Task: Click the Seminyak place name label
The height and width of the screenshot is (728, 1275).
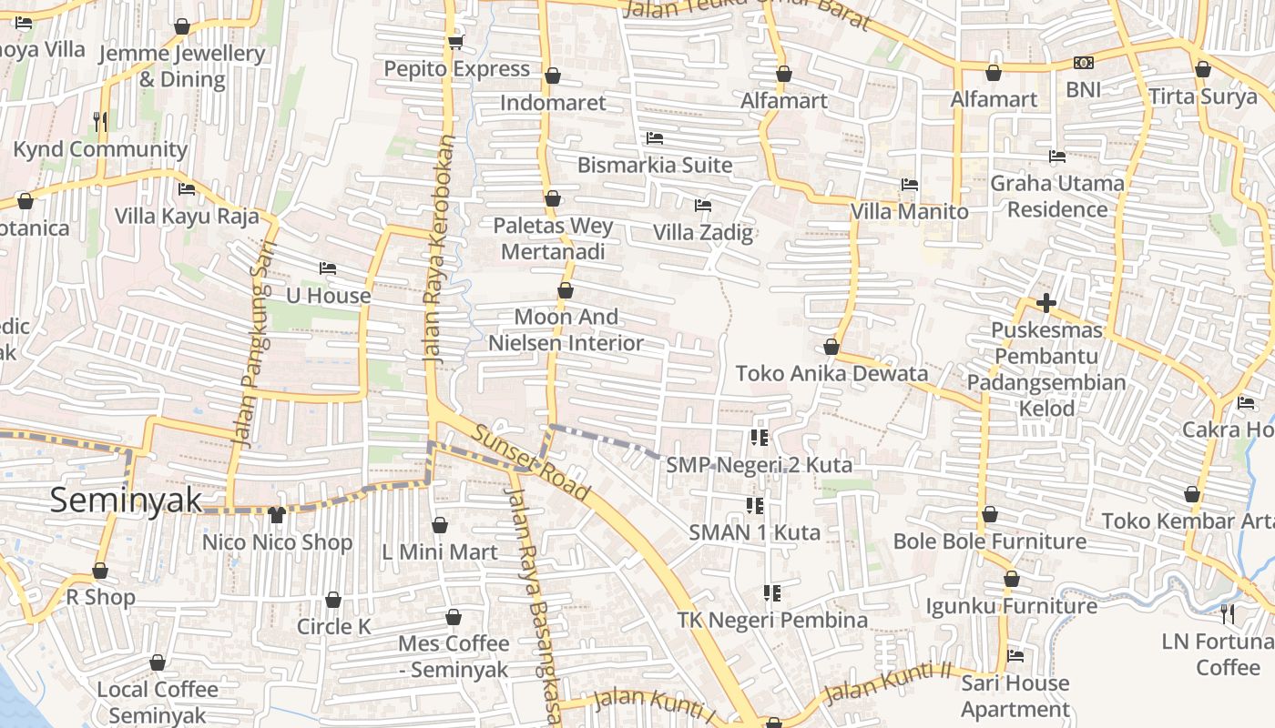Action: point(126,500)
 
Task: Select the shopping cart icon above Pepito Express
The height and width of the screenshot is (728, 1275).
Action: point(455,42)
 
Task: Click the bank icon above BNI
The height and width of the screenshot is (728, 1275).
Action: point(1083,63)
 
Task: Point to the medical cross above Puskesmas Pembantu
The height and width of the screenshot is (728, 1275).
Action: point(1045,303)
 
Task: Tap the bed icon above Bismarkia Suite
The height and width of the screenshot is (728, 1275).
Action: point(654,138)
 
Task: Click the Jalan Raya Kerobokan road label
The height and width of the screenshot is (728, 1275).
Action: point(437,250)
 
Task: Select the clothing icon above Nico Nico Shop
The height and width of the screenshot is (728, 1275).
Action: point(277,515)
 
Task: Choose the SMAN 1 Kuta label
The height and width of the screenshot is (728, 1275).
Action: point(754,532)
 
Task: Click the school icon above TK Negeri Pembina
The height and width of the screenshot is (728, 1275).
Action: point(772,593)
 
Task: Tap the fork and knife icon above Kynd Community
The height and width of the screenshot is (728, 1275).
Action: point(100,121)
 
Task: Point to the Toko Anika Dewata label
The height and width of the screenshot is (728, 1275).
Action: point(831,373)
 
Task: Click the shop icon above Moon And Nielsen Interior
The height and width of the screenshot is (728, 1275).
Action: point(566,290)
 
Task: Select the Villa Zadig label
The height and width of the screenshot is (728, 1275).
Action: point(703,232)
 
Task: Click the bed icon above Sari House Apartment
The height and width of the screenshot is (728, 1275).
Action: point(1015,655)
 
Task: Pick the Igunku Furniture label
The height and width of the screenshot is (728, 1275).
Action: point(1011,606)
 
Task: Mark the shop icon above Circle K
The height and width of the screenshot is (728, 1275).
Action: point(333,600)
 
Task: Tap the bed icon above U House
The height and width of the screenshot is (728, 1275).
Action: point(328,268)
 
